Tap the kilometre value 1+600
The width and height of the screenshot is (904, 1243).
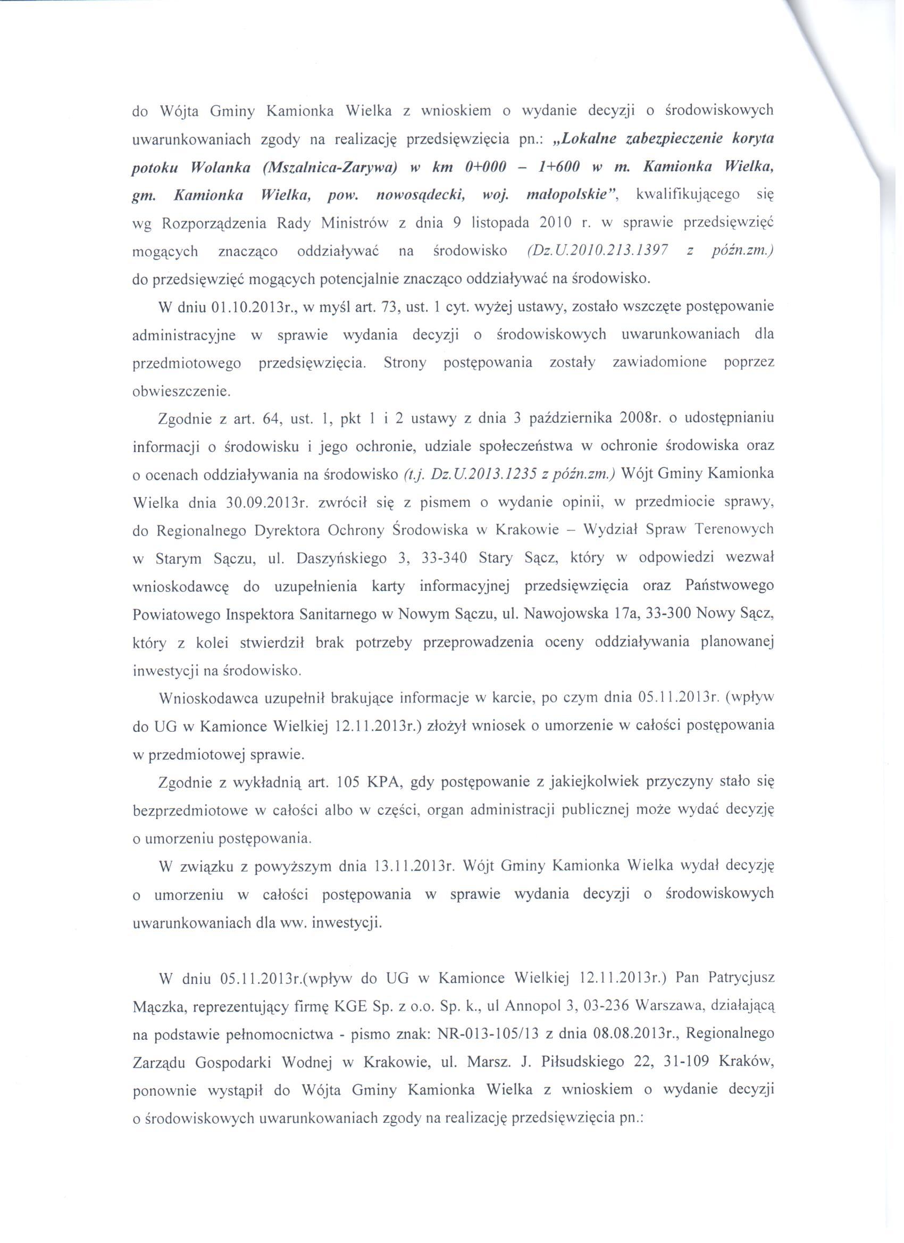[559, 167]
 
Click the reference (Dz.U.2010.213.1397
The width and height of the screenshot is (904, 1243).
[597, 251]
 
